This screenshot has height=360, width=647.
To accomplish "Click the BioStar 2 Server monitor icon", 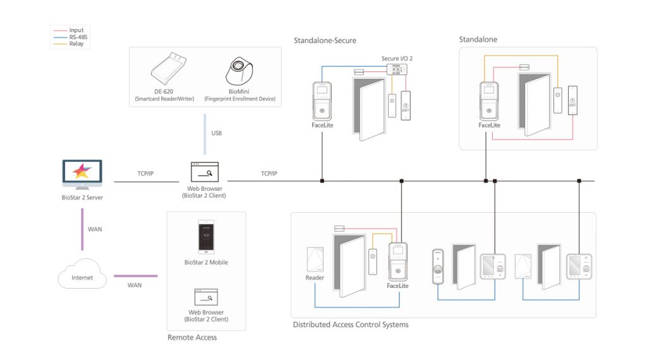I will [x=82, y=176].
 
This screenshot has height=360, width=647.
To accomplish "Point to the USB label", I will [x=216, y=133].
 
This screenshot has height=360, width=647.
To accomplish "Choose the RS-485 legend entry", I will [x=76, y=37].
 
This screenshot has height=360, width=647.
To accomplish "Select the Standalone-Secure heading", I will [x=325, y=40].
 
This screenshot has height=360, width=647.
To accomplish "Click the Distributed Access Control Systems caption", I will [x=351, y=325].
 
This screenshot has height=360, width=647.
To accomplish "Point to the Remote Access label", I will [x=192, y=337].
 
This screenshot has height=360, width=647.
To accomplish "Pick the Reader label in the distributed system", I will [x=315, y=278].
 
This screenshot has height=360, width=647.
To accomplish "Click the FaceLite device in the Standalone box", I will [x=489, y=101].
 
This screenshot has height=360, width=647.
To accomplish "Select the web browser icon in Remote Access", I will [x=206, y=297].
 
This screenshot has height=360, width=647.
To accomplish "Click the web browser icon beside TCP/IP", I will [x=206, y=172].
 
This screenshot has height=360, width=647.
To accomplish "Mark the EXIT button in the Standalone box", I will [x=572, y=104].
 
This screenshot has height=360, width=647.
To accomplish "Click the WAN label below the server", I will [x=94, y=229].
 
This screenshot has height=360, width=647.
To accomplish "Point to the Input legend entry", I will [x=76, y=30].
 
